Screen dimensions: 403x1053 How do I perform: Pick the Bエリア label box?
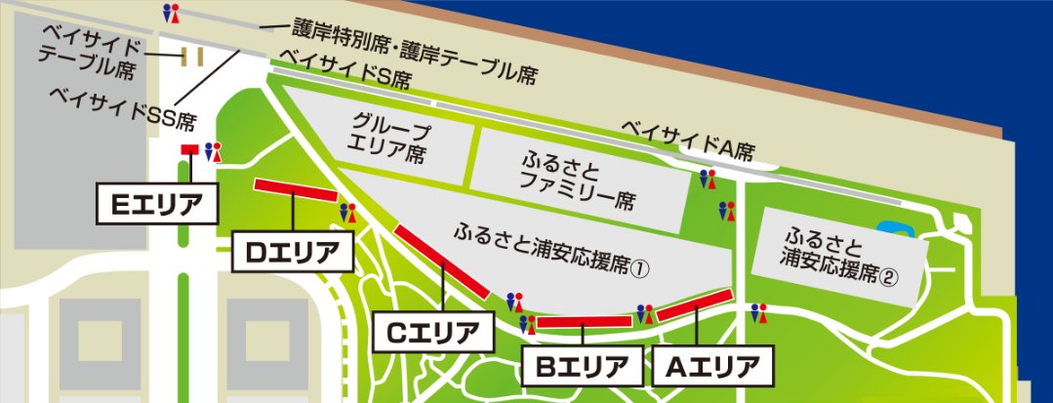point(582,367)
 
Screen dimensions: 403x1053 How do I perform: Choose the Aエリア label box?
point(713,367)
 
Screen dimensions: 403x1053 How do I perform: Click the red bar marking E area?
point(189,149)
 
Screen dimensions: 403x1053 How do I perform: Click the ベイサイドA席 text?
point(690,139)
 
